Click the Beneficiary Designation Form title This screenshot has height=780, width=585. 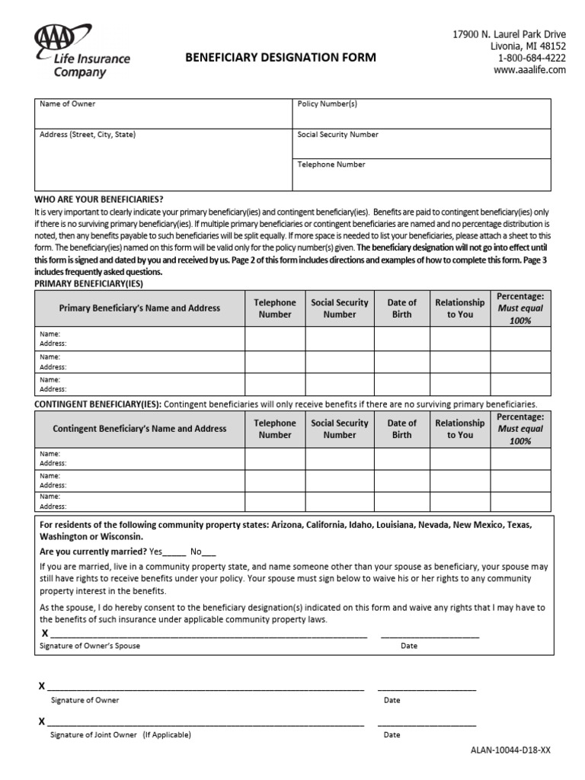pyautogui.click(x=277, y=58)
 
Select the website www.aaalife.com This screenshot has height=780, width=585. pyautogui.click(x=529, y=69)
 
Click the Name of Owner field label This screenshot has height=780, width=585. pyautogui.click(x=68, y=104)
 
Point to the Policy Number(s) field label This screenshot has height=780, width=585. pyautogui.click(x=327, y=104)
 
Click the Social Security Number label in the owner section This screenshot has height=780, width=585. pyautogui.click(x=337, y=135)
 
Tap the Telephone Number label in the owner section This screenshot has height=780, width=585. pyautogui.click(x=331, y=165)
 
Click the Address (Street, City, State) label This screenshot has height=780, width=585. pyautogui.click(x=88, y=135)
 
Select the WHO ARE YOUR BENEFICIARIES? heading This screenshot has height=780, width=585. pyautogui.click(x=99, y=199)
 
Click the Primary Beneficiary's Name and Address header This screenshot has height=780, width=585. pyautogui.click(x=139, y=308)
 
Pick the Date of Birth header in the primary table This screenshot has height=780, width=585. pyautogui.click(x=401, y=308)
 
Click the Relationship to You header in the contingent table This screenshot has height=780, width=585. pyautogui.click(x=459, y=429)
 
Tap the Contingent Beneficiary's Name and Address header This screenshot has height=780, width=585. pyautogui.click(x=139, y=429)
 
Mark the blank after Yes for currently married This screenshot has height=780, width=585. pyautogui.click(x=174, y=552)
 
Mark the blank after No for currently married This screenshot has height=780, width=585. pyautogui.click(x=209, y=552)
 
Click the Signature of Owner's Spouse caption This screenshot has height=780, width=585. pyautogui.click(x=89, y=646)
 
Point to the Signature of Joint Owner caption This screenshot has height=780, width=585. pyautogui.click(x=120, y=735)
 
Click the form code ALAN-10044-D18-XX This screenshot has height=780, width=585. pyautogui.click(x=510, y=750)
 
